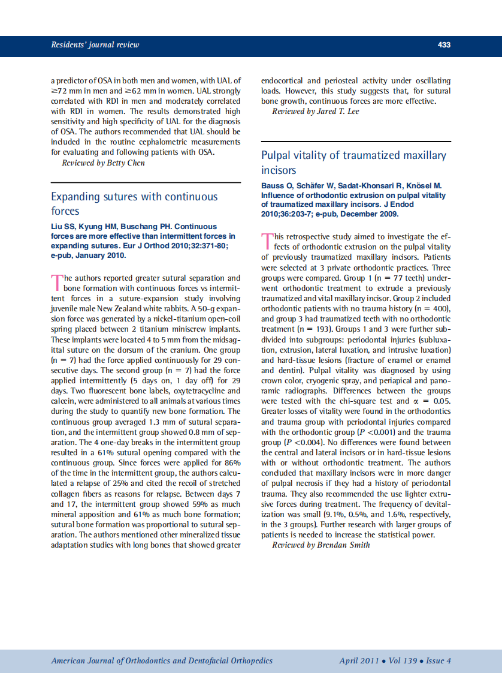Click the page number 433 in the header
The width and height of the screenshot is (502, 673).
point(444,45)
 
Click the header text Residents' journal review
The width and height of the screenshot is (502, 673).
point(95,45)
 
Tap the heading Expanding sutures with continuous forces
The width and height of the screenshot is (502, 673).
point(134,204)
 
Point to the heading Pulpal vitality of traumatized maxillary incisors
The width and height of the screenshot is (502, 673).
point(353,163)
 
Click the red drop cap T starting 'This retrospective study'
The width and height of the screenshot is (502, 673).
point(267,241)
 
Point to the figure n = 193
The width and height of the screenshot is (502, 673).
point(313,329)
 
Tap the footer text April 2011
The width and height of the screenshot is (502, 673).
point(359,661)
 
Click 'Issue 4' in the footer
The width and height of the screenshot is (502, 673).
point(439,661)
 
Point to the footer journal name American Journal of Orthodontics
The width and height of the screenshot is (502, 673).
point(123,661)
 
